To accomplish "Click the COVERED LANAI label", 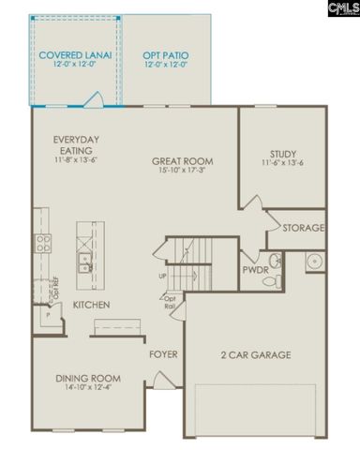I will [x=75, y=55].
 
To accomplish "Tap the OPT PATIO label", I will [x=164, y=55].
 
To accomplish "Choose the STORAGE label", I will [x=303, y=228].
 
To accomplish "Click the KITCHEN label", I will [x=88, y=305].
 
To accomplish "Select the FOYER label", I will [x=163, y=354].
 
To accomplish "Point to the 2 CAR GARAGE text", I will [x=255, y=354].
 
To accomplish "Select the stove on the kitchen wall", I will [x=42, y=244].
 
